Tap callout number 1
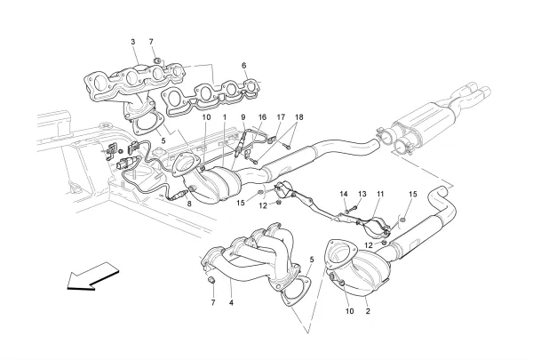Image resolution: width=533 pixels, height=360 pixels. coord(225,117)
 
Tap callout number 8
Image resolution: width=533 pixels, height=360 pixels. coord(189,204)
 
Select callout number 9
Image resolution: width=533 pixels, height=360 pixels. coord(243,117)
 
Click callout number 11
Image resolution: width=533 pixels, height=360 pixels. coord(379,194)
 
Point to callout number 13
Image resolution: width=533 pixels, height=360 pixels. coord(362,194)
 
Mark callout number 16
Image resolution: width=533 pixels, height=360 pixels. coord(262,117)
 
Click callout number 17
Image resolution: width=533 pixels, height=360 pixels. coord(281,117)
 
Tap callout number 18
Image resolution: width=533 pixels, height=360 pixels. coord(299,117)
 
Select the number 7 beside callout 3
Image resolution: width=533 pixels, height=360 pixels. coord(152,42)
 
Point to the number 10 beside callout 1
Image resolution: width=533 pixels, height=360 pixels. coord(205,117)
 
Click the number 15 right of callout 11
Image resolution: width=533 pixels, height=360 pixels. coord(411,194)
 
